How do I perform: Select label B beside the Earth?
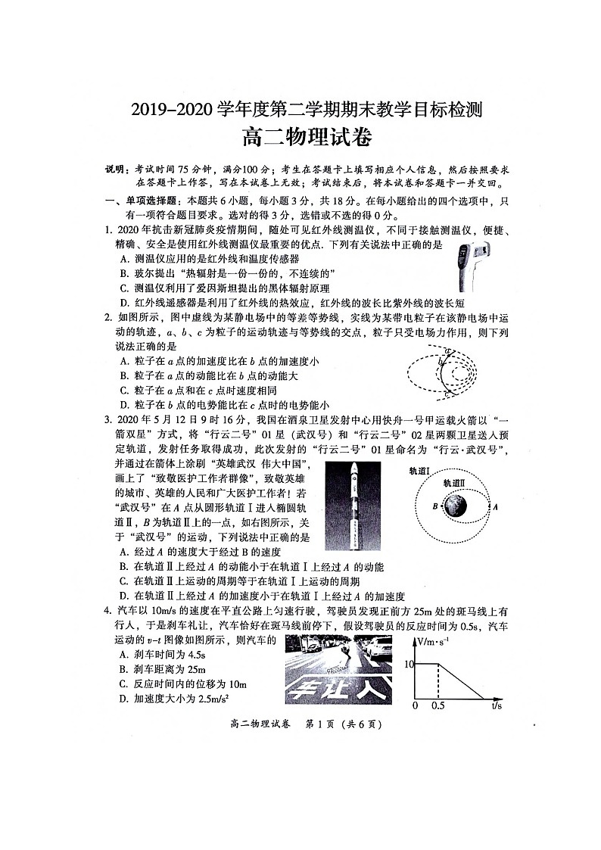(435, 506)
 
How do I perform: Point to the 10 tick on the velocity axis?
(409, 664)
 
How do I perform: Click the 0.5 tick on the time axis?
(438, 706)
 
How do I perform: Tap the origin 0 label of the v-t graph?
(415, 706)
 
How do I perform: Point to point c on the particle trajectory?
(446, 393)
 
